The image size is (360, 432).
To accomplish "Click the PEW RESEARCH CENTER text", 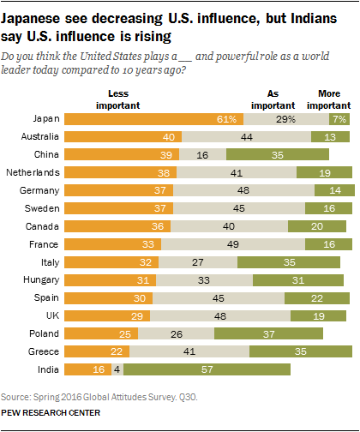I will pyautogui.click(x=52, y=413).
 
